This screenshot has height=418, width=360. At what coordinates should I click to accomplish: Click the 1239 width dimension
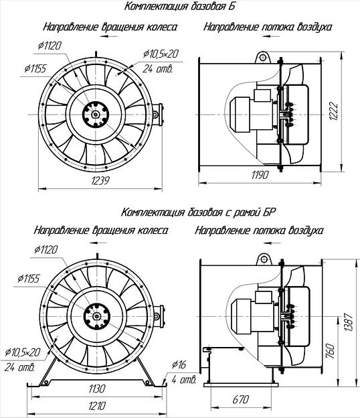[x=100, y=180]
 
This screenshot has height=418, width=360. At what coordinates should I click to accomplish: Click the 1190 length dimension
[x=260, y=175]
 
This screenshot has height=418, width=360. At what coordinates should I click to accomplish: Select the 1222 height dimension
[x=333, y=111]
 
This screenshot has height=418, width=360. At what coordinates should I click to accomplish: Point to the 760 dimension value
[x=330, y=352]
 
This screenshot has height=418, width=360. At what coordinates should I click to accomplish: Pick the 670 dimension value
[x=241, y=399]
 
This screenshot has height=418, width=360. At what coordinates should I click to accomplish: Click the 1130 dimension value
[x=97, y=389]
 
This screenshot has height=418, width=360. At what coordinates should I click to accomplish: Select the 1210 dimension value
[x=97, y=406]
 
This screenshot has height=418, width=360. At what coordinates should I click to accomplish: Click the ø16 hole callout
[x=179, y=364]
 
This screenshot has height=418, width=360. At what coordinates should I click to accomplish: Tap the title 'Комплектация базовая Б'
[x=180, y=7]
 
